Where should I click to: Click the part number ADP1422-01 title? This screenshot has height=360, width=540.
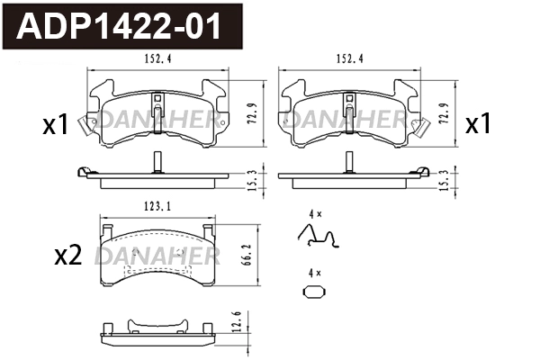[126, 27]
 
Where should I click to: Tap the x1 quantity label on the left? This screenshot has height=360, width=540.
[56, 125]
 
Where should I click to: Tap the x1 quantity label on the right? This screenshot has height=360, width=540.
[477, 125]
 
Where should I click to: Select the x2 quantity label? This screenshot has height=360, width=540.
[68, 256]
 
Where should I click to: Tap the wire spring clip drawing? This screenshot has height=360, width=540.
[318, 237]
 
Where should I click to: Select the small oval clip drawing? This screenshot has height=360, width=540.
[312, 292]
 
